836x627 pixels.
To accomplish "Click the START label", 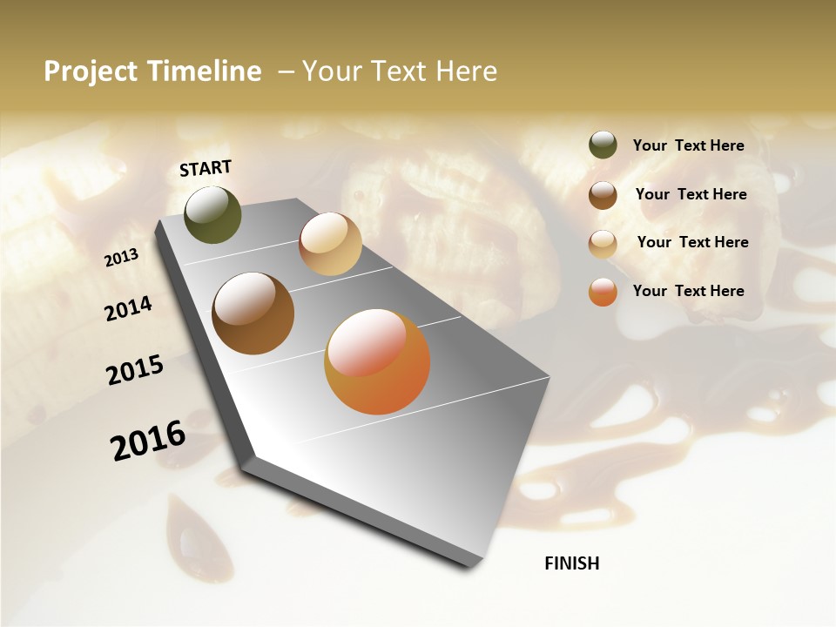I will [x=206, y=168].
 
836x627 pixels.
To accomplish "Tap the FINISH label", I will [x=571, y=563].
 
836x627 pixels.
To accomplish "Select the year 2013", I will [x=122, y=258].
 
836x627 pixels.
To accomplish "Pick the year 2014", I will [x=129, y=308].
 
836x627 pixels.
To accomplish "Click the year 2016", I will [x=148, y=441].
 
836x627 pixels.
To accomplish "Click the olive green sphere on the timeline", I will [x=212, y=214].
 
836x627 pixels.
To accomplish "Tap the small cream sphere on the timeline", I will [x=330, y=244].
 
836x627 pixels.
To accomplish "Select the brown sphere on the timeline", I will [x=253, y=313].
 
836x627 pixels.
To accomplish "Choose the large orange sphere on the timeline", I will [x=377, y=361].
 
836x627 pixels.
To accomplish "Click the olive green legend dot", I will [x=603, y=145].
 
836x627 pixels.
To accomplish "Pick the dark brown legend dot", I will [x=603, y=195].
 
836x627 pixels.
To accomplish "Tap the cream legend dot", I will [x=603, y=244].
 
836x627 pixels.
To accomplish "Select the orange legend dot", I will [x=603, y=292].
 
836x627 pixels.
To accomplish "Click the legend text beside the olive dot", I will [x=688, y=145].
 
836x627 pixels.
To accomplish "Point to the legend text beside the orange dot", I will [x=688, y=291].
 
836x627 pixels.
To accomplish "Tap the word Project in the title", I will [x=90, y=71].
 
